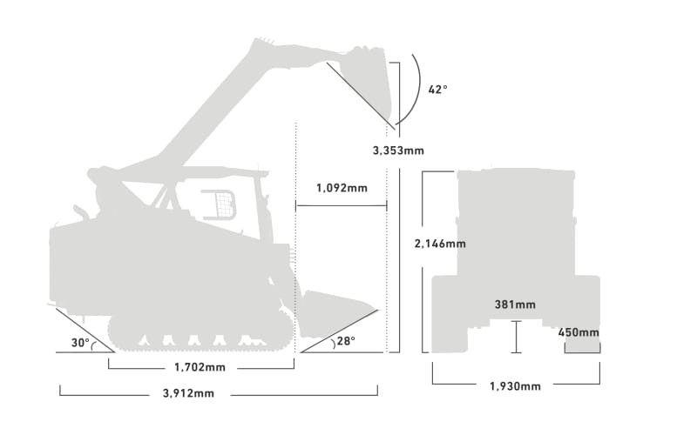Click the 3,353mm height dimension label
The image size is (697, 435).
398,151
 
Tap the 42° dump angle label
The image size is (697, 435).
438,90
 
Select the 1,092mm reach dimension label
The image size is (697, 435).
342,188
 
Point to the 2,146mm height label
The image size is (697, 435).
440,244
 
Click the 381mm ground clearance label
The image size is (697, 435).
515,304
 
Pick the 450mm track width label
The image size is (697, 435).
579,332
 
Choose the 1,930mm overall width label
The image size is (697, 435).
515,386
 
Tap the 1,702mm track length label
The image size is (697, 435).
200,367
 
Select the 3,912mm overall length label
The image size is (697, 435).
188,393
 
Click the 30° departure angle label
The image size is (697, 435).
80,343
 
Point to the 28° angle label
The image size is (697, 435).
346,341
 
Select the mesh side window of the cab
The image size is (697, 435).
220,204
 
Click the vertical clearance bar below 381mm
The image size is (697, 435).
516,337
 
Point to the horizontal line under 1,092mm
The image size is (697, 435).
342,205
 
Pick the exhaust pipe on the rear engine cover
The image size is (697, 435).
81,212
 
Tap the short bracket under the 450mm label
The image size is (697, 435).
582,349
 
